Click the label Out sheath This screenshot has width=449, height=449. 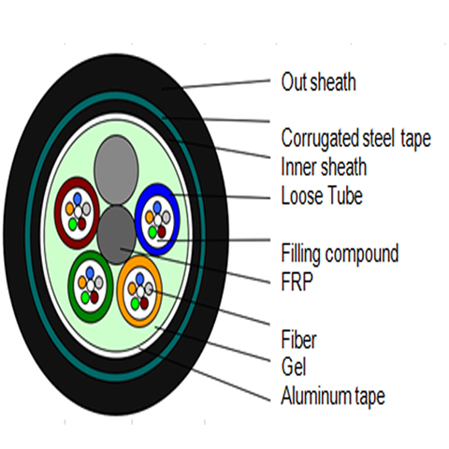click(x=318, y=81)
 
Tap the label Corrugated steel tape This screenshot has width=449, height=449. click(x=356, y=138)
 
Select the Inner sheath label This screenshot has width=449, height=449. click(x=324, y=167)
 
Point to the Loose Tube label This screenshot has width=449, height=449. click(x=322, y=196)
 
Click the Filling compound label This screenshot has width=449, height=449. click(x=340, y=253)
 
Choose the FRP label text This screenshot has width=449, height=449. click(x=297, y=282)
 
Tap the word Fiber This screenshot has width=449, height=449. click(x=298, y=340)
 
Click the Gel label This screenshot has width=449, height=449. click(x=294, y=367)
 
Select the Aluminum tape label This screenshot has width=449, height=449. click(x=333, y=396)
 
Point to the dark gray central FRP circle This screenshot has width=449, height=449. click(x=116, y=235)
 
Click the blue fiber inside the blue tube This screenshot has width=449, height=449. click(x=157, y=207)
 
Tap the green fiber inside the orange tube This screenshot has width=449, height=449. click(x=135, y=303)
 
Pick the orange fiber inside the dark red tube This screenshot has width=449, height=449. click(x=69, y=208)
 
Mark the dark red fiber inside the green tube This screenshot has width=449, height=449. click(x=94, y=297)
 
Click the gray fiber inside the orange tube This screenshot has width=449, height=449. click(x=149, y=287)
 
